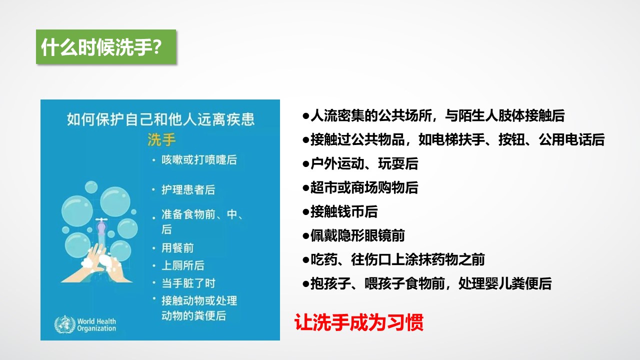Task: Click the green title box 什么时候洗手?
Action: tap(106, 46)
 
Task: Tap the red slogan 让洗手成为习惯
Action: tap(359, 322)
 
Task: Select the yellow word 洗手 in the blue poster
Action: tap(161, 139)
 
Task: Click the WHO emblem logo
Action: tap(65, 324)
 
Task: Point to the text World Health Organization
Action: tap(96, 325)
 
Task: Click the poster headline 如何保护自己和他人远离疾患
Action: tap(160, 119)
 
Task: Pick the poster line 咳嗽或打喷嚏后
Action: tap(199, 159)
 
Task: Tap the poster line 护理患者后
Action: tap(188, 189)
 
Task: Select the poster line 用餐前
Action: tap(177, 247)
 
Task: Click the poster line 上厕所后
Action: tap(183, 265)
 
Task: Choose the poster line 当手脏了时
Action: tap(188, 283)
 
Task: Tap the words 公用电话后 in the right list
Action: tap(571, 139)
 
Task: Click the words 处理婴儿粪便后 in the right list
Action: tap(505, 283)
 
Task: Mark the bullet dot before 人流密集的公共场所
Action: tap(306, 116)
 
